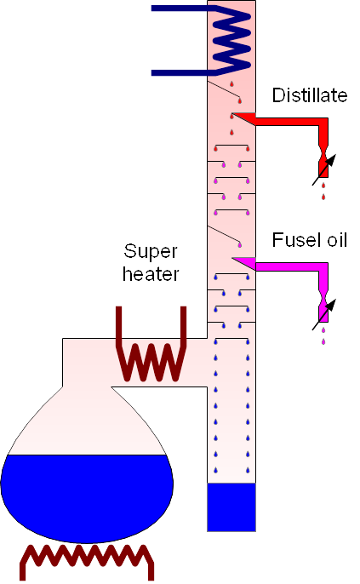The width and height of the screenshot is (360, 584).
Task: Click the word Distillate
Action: [310, 95]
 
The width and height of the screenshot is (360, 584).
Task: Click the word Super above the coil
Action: [151, 252]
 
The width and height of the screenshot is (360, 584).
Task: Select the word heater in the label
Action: [151, 274]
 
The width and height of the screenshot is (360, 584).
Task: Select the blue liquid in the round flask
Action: [87, 495]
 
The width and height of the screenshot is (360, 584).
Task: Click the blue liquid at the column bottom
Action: [231, 507]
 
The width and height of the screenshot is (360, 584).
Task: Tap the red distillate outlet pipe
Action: [290, 122]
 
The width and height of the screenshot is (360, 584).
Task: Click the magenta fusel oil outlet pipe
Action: [290, 266]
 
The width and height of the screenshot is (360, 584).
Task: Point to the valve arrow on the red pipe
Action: [324, 170]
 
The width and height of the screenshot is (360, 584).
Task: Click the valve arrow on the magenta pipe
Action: [324, 314]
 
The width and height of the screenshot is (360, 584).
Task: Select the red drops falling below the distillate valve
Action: [323, 191]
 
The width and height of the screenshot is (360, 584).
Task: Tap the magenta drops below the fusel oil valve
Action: [323, 335]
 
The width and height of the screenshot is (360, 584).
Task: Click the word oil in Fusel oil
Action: [337, 240]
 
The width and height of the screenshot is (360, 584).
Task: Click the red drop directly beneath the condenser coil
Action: [231, 83]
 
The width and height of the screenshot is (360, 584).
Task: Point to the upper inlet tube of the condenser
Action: [180, 9]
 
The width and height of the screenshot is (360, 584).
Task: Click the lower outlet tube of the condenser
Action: [180, 72]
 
